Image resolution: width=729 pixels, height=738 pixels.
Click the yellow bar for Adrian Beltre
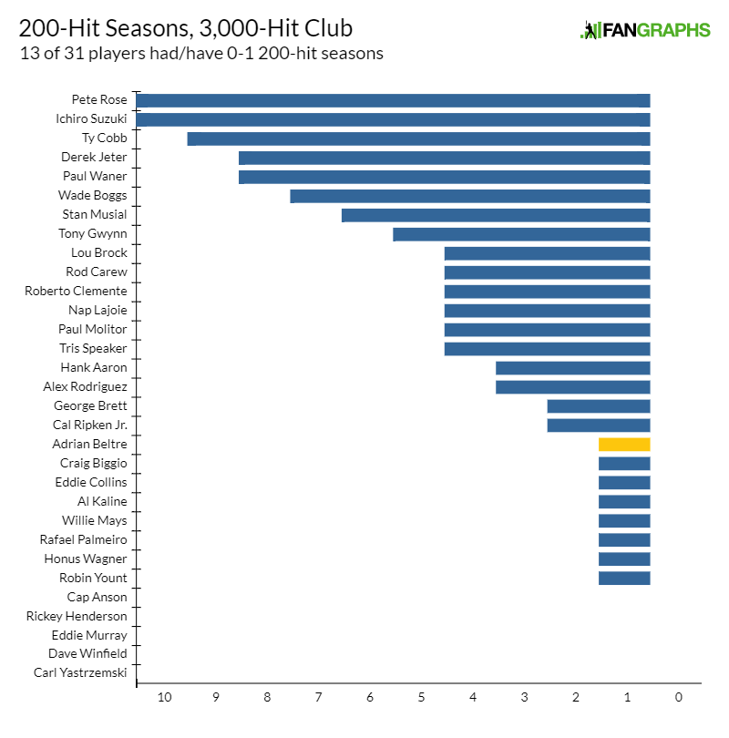[624, 445]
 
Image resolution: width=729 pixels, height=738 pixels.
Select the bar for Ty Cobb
[418, 138]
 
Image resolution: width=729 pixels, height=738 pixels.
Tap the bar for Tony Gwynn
[521, 234]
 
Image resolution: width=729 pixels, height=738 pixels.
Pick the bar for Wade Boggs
[470, 196]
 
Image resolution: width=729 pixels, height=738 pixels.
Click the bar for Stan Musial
[496, 215]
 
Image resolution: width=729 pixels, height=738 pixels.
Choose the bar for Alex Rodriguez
[572, 387]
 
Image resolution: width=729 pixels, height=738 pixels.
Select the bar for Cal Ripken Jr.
[599, 425]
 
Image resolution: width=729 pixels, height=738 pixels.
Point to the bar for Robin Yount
[624, 579]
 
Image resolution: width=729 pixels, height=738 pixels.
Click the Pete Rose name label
[99, 100]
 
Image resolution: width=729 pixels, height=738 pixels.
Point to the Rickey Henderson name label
[77, 617]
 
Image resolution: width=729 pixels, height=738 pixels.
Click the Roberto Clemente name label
[76, 292]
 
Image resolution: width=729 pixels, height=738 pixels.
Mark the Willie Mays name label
[95, 521]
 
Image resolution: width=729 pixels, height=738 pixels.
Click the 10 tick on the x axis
[164, 698]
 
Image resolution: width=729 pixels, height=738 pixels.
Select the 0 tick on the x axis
[678, 698]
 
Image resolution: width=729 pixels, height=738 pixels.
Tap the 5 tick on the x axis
[421, 698]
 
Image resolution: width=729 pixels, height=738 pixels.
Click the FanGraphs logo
[645, 30]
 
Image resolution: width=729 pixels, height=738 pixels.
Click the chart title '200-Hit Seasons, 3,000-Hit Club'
[186, 28]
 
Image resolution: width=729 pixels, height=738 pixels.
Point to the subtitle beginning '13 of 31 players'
[200, 54]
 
